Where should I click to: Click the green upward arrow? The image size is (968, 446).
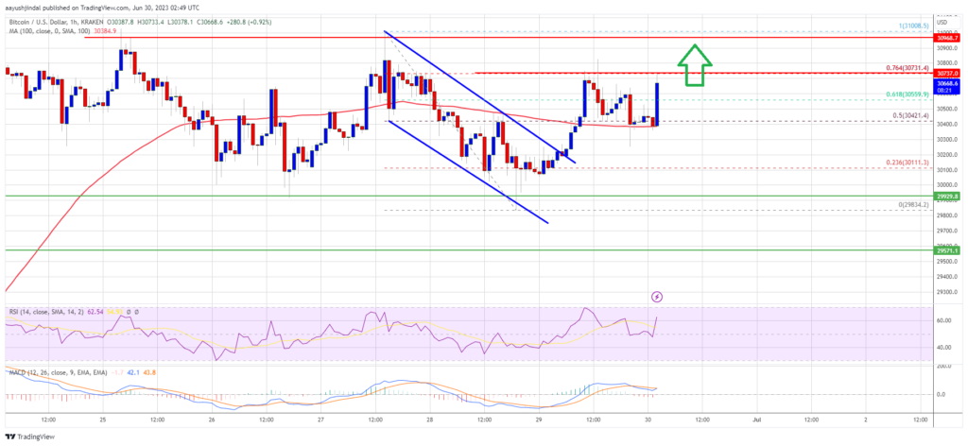point(695,64)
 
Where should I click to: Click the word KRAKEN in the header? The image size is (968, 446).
point(126,9)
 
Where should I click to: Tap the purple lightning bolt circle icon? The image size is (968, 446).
point(657,297)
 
